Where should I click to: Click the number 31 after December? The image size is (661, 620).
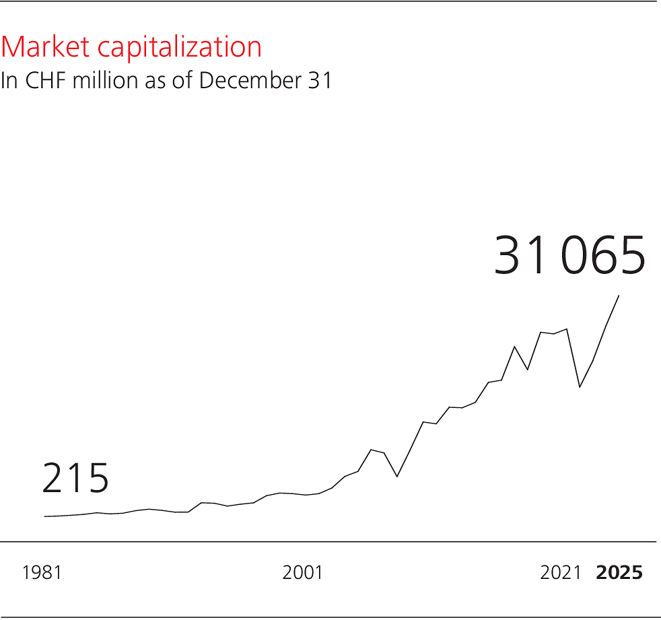321,80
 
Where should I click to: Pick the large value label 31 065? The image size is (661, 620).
569,256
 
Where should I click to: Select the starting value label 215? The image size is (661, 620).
75,479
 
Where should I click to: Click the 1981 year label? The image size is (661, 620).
42,573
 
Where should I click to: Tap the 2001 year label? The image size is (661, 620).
302,573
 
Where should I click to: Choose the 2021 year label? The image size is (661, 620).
560,573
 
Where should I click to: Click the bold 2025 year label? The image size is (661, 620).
619,573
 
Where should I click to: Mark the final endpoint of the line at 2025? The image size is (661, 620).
619,296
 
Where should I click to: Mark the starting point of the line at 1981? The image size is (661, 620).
45,516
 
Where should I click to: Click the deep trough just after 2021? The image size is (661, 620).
580,387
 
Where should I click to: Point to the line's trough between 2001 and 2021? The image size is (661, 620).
397,477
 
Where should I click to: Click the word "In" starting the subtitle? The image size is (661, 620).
8,80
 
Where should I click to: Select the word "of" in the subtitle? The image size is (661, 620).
182,80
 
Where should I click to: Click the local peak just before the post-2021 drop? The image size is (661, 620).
567,329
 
